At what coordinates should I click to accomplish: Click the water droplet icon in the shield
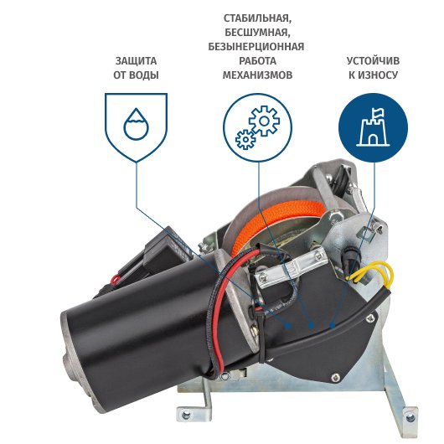click(137, 124)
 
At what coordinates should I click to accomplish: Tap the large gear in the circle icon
click(264, 121)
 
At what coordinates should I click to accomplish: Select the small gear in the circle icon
click(245, 139)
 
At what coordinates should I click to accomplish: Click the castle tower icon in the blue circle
click(373, 128)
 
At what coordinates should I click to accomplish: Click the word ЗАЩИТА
click(136, 61)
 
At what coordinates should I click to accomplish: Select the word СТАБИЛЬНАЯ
click(257, 18)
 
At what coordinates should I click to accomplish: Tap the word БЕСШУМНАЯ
click(257, 33)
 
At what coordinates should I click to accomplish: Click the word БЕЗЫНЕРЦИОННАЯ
click(256, 47)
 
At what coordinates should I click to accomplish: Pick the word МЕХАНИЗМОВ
click(257, 75)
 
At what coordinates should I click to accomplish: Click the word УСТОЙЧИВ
click(373, 61)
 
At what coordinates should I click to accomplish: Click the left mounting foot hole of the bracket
click(186, 416)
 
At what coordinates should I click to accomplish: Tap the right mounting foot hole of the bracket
click(410, 417)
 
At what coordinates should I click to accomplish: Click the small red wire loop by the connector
click(116, 280)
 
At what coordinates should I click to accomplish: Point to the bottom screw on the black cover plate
click(336, 377)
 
